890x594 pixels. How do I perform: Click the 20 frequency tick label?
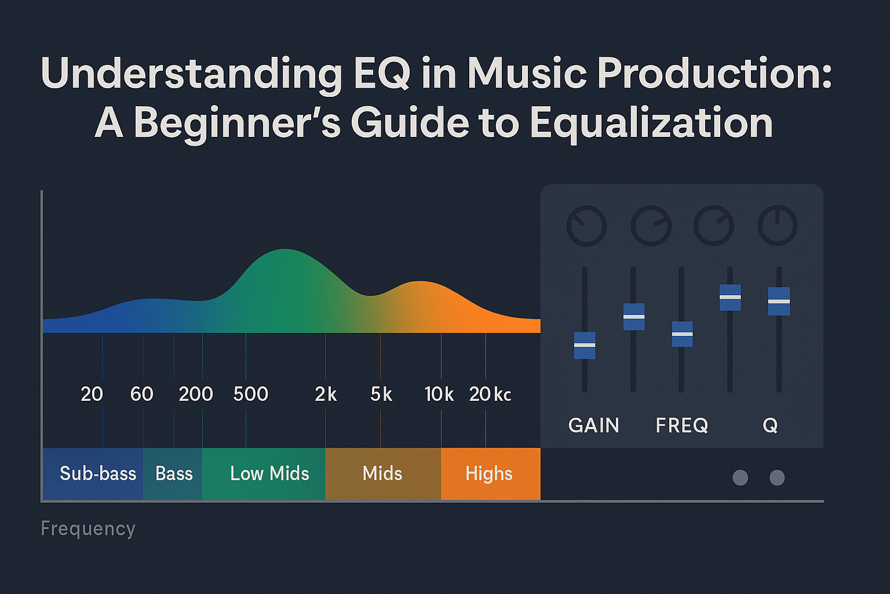[92, 394]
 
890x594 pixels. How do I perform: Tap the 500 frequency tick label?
[250, 394]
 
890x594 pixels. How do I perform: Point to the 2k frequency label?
[326, 394]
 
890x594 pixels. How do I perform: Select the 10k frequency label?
[439, 394]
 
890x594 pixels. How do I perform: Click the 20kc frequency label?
[490, 394]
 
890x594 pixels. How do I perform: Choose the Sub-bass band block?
[93, 474]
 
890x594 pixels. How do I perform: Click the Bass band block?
[173, 474]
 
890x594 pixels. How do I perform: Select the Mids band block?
[382, 474]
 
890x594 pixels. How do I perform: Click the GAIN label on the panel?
[594, 426]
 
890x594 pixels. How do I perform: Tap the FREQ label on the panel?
[682, 426]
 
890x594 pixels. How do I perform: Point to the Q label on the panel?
[770, 426]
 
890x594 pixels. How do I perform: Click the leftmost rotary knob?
[586, 226]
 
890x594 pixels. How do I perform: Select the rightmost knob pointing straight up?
[778, 226]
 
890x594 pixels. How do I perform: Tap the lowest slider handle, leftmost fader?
[585, 345]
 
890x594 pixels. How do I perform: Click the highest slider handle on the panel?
[730, 297]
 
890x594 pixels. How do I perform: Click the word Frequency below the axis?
[88, 529]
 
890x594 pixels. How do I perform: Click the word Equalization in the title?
[651, 123]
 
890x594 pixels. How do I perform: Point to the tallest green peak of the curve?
[285, 255]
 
